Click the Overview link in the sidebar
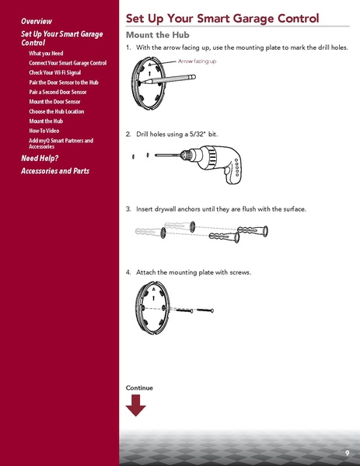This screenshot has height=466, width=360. pyautogui.click(x=37, y=19)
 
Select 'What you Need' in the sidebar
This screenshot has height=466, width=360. pyautogui.click(x=46, y=53)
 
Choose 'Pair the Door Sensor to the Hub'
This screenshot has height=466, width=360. pyautogui.click(x=64, y=82)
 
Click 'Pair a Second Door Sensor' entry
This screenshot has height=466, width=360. pyautogui.click(x=58, y=92)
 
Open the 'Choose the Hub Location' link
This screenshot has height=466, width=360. pyautogui.click(x=60, y=111)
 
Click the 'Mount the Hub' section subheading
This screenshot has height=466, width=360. pyautogui.click(x=159, y=35)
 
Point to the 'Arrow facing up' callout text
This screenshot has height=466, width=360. pyautogui.click(x=197, y=61)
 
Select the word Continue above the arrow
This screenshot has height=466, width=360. pyautogui.click(x=139, y=387)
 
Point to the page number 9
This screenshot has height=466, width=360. pyautogui.click(x=347, y=453)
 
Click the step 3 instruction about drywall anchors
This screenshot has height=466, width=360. pyautogui.click(x=221, y=208)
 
